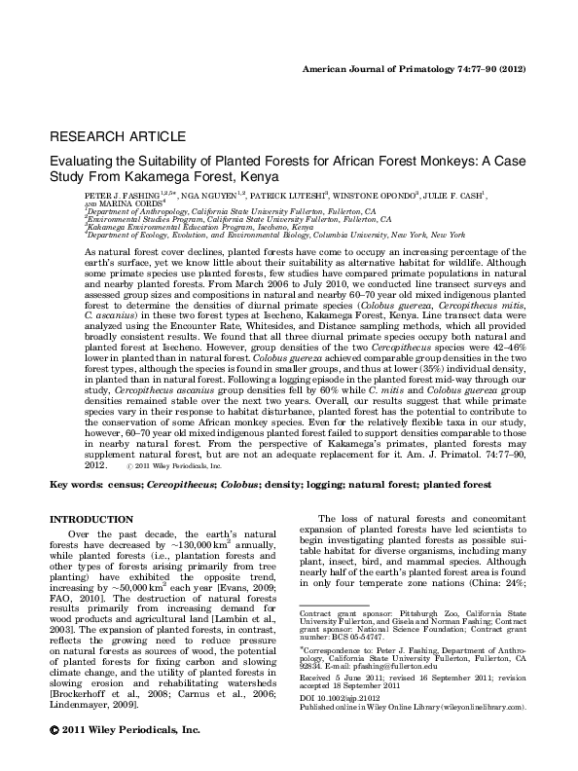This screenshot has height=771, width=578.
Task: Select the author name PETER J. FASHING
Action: tap(124, 196)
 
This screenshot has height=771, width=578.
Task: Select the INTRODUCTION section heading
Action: tap(91, 519)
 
